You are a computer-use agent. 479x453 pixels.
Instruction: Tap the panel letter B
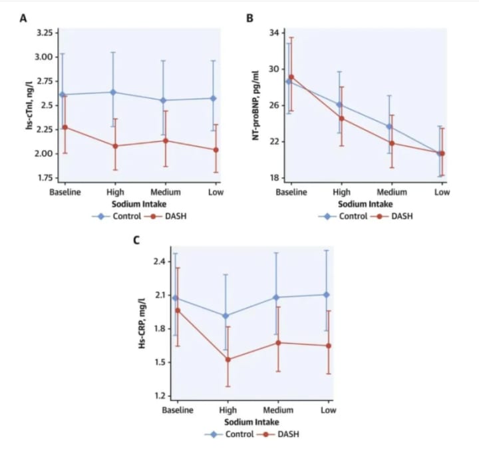[x=249, y=18]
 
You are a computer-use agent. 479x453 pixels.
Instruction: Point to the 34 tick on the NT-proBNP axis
[x=273, y=33]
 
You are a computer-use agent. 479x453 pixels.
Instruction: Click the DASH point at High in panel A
[x=115, y=146]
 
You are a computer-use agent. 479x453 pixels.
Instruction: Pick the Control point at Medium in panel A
[x=164, y=101]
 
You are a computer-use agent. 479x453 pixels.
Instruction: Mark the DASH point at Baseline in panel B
[x=291, y=77]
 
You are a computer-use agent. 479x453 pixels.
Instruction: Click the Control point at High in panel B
[x=339, y=105]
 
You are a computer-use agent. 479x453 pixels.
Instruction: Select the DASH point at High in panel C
[x=228, y=360]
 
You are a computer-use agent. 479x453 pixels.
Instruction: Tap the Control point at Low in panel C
[x=326, y=294]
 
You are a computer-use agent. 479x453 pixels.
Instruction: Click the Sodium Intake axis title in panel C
[x=251, y=422]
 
